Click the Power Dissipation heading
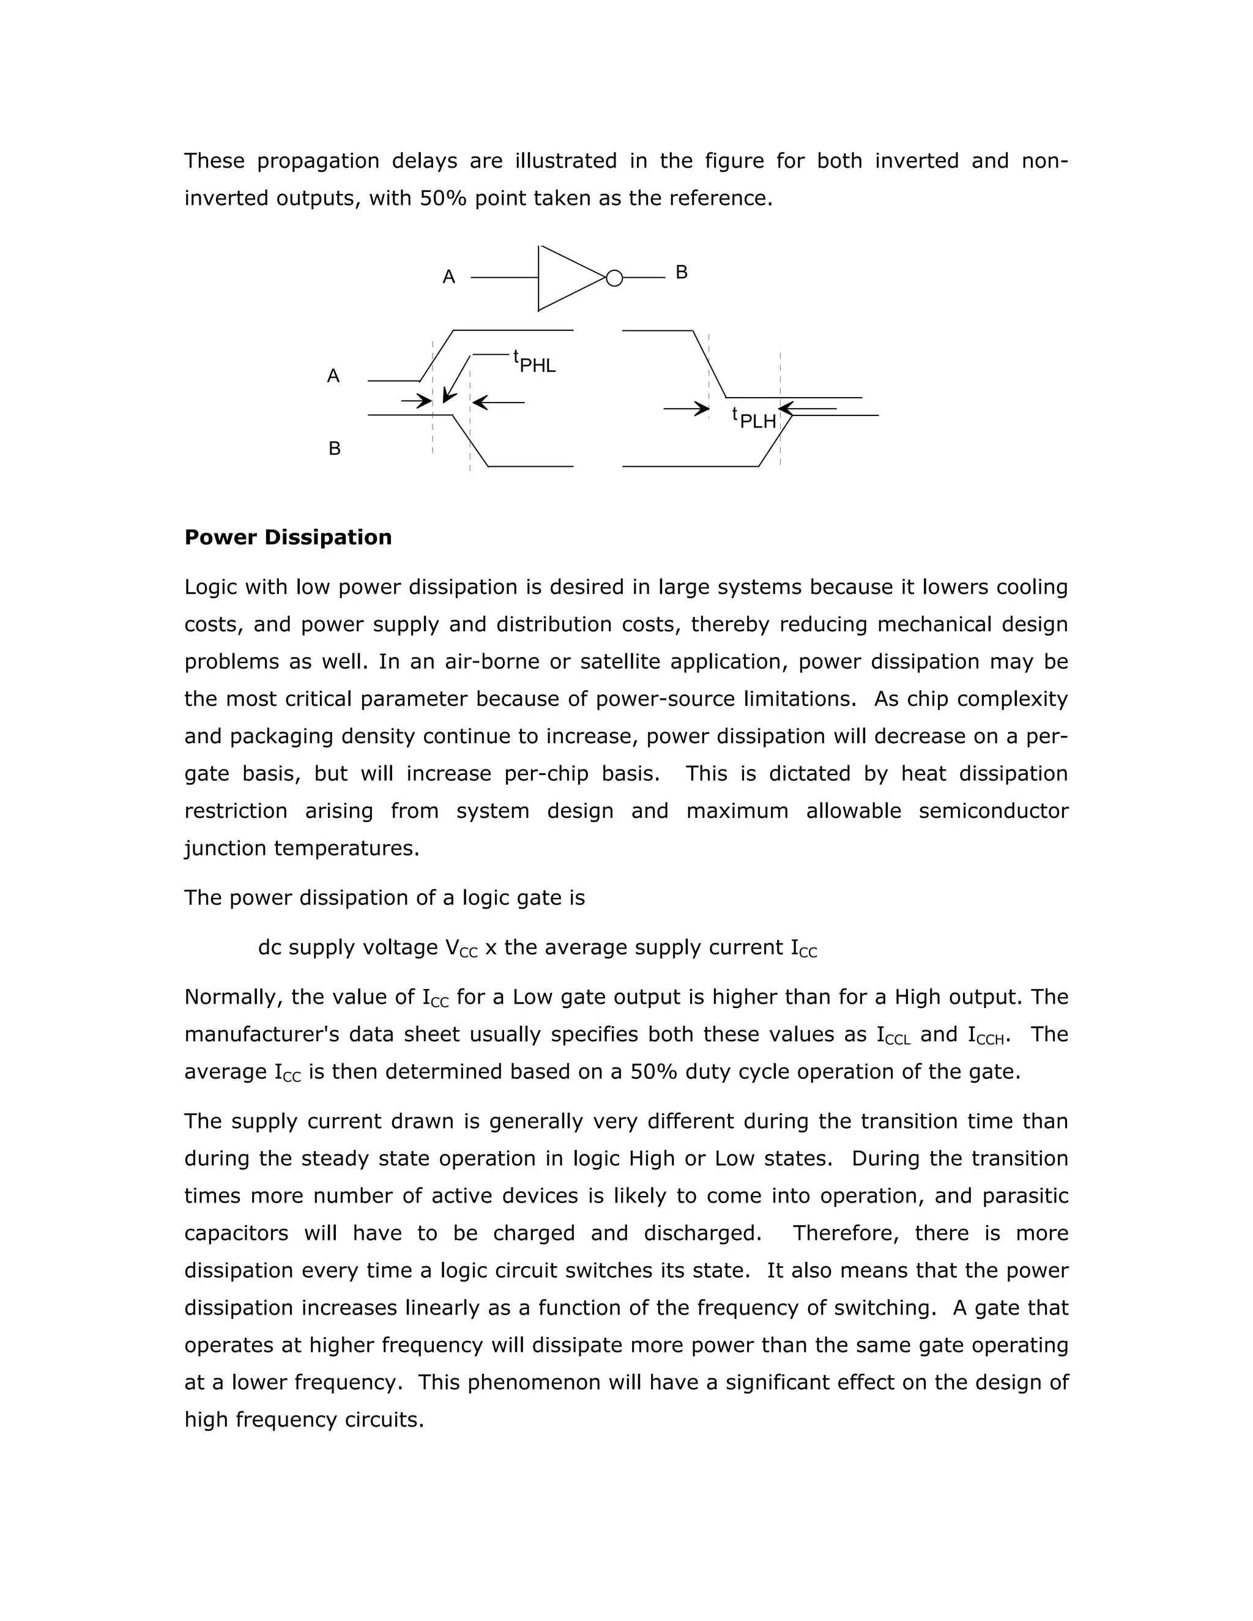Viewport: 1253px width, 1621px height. pos(288,537)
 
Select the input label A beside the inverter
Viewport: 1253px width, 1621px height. pos(448,278)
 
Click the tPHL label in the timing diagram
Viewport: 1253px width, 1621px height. pos(535,362)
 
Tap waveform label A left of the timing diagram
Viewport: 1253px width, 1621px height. pos(333,376)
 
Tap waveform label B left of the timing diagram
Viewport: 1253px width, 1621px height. pos(334,449)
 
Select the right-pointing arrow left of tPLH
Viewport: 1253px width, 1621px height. pos(686,408)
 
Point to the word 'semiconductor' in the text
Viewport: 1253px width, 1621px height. pos(993,810)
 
